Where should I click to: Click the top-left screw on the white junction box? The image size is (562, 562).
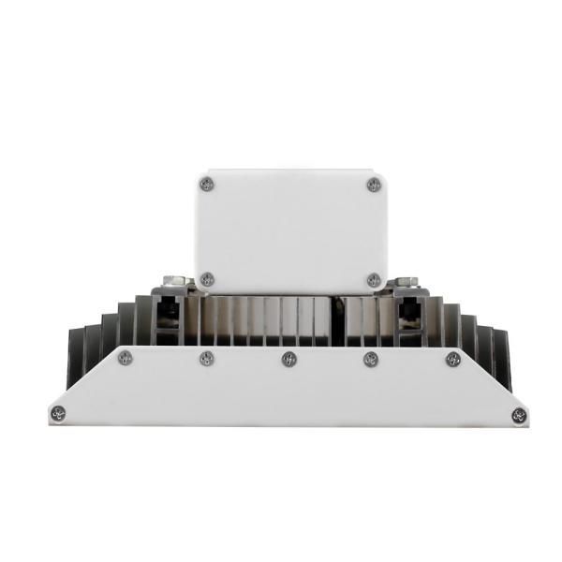(208, 184)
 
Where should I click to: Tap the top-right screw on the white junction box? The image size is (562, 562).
(374, 184)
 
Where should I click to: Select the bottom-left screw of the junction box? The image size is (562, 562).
(208, 278)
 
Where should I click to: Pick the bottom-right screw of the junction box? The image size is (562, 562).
(374, 279)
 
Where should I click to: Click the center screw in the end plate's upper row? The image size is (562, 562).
(288, 358)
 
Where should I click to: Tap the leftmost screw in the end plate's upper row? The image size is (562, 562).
(126, 358)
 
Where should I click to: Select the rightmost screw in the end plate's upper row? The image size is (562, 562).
(453, 358)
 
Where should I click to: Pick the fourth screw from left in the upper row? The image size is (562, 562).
(371, 358)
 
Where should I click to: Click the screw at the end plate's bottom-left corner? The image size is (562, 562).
(60, 413)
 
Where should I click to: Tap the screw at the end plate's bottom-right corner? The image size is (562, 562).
(519, 414)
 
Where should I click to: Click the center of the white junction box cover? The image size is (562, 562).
(290, 229)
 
